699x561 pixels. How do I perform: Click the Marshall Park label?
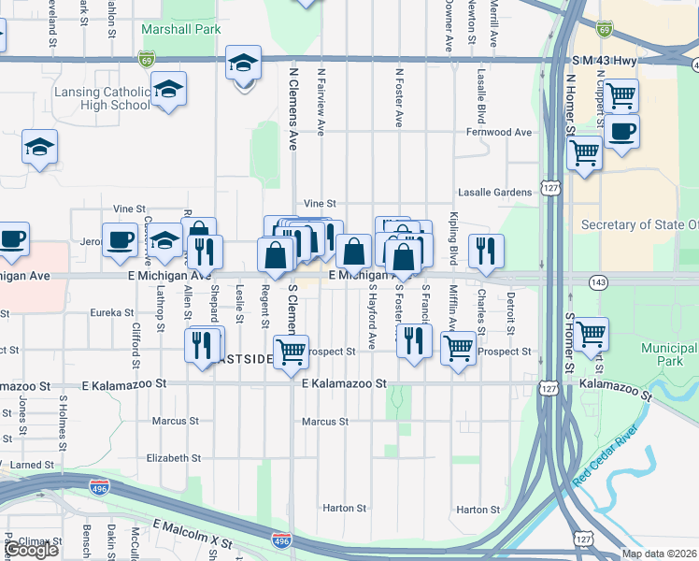click(x=180, y=29)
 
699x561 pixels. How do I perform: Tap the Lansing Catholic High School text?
click(x=102, y=98)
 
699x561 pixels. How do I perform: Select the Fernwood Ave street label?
click(x=498, y=132)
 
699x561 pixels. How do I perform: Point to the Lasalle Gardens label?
click(x=494, y=192)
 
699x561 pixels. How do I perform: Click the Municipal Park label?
click(x=669, y=354)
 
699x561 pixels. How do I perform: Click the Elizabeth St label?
click(x=174, y=458)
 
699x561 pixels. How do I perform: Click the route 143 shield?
click(x=598, y=280)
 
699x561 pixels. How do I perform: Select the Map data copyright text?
click(x=659, y=554)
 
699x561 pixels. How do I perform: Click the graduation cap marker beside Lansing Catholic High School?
click(x=168, y=90)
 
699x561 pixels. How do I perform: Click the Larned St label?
click(x=33, y=464)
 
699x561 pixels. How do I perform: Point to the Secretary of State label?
click(x=639, y=224)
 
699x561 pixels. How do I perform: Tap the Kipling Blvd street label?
click(x=452, y=242)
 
